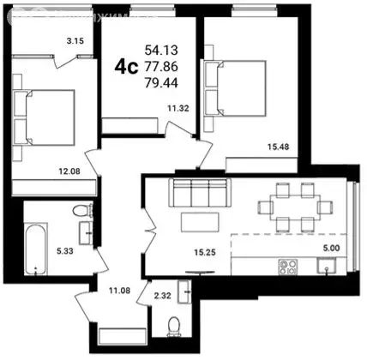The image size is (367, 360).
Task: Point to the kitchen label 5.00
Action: tap(328, 249)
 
